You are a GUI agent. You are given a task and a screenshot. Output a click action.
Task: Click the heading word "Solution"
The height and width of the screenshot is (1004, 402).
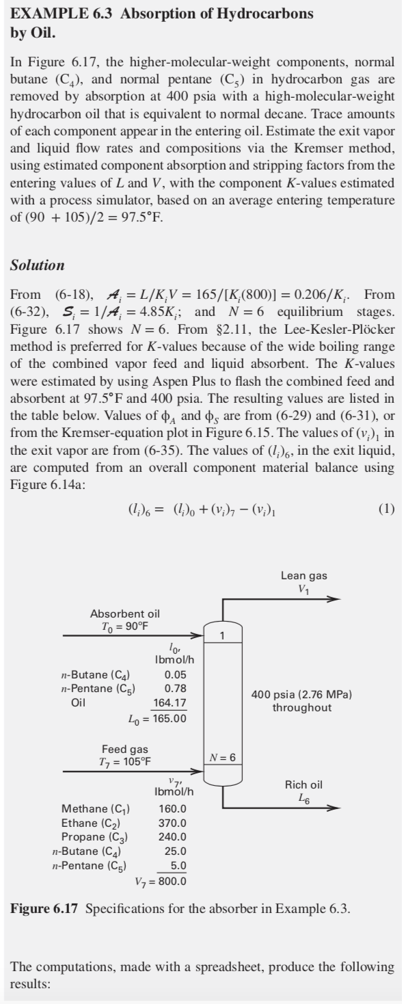click(x=38, y=264)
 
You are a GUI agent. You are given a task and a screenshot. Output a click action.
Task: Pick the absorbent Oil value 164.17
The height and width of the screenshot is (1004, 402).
click(x=169, y=702)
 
